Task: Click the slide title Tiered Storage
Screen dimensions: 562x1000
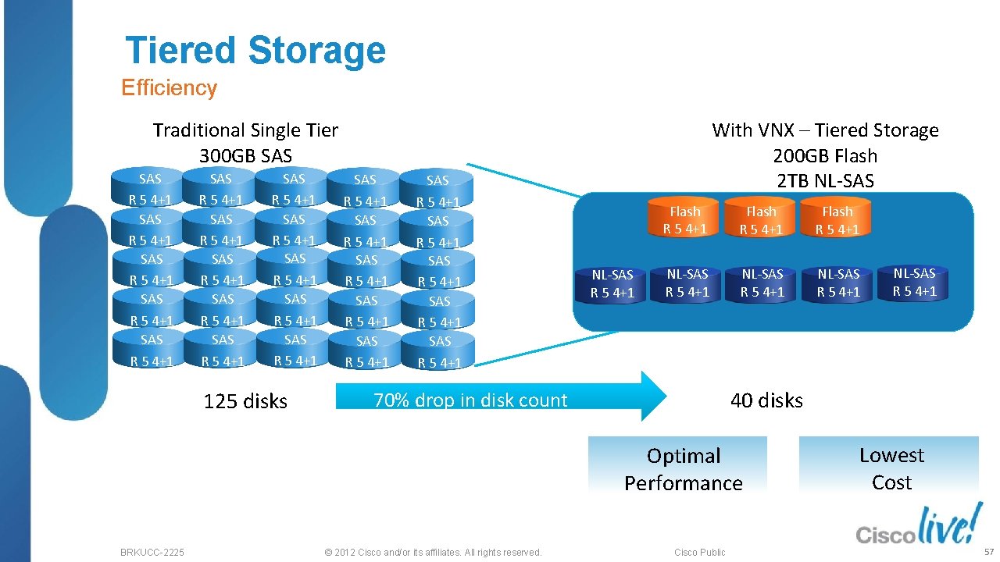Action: click(x=255, y=50)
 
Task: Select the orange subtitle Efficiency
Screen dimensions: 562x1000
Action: click(x=169, y=87)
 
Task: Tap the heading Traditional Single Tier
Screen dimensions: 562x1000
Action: click(x=245, y=130)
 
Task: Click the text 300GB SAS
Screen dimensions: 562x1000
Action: click(x=245, y=155)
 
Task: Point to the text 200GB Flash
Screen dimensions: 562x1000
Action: click(x=825, y=155)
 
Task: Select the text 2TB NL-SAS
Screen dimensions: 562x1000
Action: click(x=825, y=181)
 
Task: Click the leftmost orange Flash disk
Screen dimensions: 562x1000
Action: click(x=684, y=220)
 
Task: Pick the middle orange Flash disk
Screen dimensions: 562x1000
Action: click(x=761, y=220)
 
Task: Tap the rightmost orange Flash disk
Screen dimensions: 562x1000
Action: click(x=837, y=220)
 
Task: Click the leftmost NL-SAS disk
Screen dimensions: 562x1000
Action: click(x=612, y=284)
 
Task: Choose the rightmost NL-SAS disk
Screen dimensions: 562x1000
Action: click(x=914, y=283)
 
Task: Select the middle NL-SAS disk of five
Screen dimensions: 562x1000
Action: click(x=762, y=283)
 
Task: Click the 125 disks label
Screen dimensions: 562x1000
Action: click(x=245, y=401)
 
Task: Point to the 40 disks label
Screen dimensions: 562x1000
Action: click(x=766, y=400)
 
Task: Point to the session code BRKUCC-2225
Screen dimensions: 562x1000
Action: click(x=152, y=553)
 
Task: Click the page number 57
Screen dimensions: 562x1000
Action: click(x=987, y=552)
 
